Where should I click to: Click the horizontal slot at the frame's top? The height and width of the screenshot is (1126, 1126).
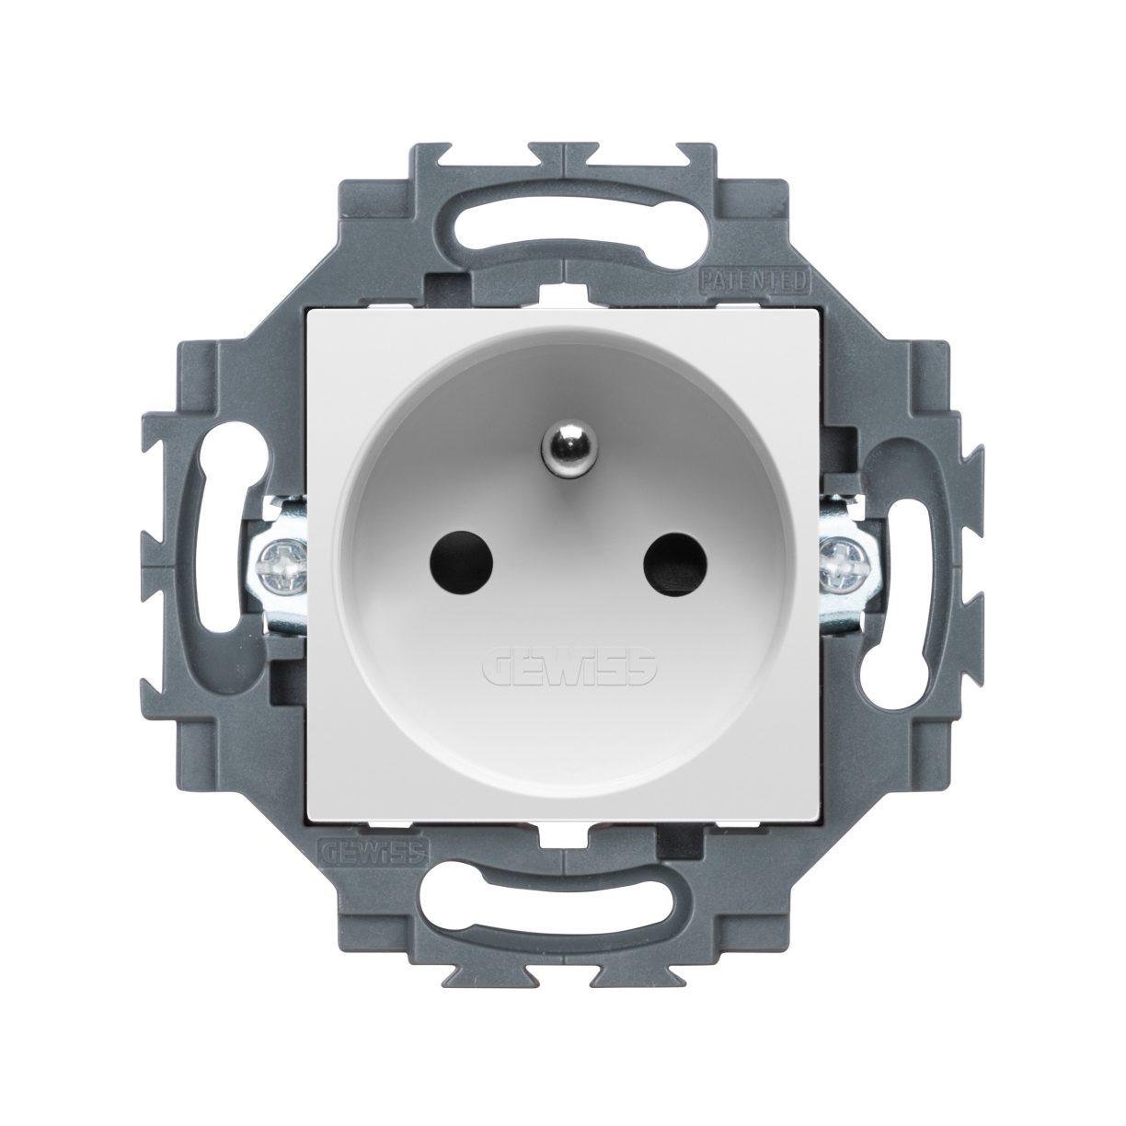pos(563,220)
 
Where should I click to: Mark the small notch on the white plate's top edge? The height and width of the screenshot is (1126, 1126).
pos(563,297)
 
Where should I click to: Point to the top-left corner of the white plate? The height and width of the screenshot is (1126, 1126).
pos(307,308)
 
